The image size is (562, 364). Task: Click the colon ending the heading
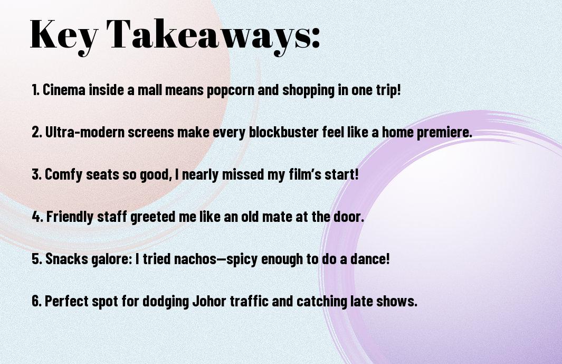point(316,39)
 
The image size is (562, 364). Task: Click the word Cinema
point(64,89)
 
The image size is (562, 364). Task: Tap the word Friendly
point(70,217)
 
